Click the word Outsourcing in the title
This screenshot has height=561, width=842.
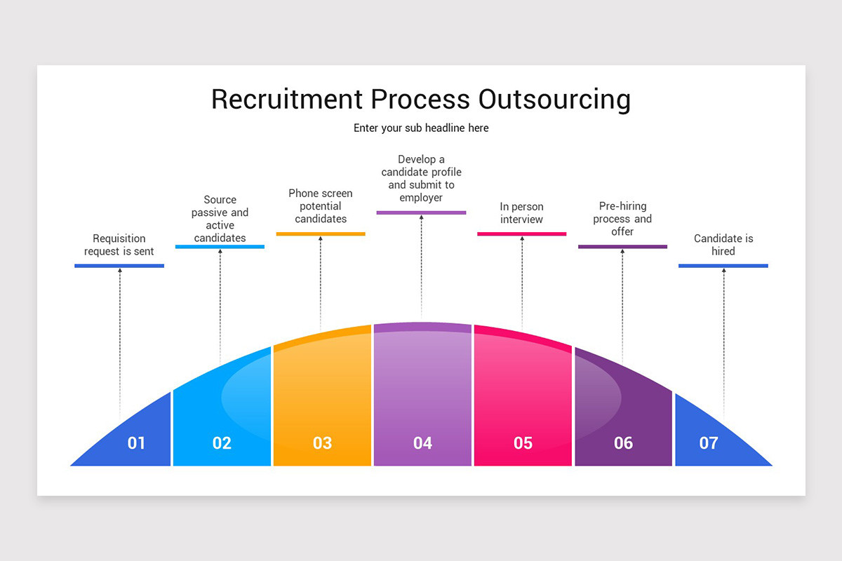pyautogui.click(x=554, y=100)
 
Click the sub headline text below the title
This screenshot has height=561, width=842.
pyautogui.click(x=421, y=128)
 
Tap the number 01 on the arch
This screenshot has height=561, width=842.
pyautogui.click(x=136, y=443)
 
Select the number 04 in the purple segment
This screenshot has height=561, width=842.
pyautogui.click(x=422, y=443)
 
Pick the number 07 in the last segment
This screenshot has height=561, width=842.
pyautogui.click(x=709, y=443)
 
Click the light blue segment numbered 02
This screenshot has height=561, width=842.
pyautogui.click(x=222, y=414)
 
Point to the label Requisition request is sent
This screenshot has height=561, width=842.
pyautogui.click(x=119, y=245)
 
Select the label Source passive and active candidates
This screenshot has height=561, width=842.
pyautogui.click(x=220, y=219)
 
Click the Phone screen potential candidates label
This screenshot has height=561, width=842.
pyautogui.click(x=321, y=206)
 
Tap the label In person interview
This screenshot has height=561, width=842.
pyautogui.click(x=521, y=213)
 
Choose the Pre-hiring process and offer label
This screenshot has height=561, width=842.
pyautogui.click(x=622, y=219)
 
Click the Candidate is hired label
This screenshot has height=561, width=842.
pyautogui.click(x=723, y=245)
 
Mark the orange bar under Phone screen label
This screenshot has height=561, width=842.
pyautogui.click(x=321, y=234)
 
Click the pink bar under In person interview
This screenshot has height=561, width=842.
pyautogui.click(x=521, y=234)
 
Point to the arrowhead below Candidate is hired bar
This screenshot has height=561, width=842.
pyautogui.click(x=723, y=271)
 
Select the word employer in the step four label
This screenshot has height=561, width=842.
pyautogui.click(x=421, y=198)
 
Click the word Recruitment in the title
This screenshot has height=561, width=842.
pyautogui.click(x=288, y=100)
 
